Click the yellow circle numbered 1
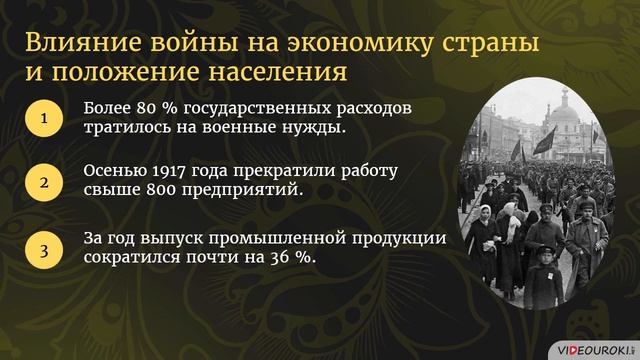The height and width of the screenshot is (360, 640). coord(43,119)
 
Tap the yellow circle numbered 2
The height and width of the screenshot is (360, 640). coord(43,183)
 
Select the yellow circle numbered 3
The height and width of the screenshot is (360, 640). coord(43,249)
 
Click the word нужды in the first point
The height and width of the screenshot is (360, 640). coord(317,129)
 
